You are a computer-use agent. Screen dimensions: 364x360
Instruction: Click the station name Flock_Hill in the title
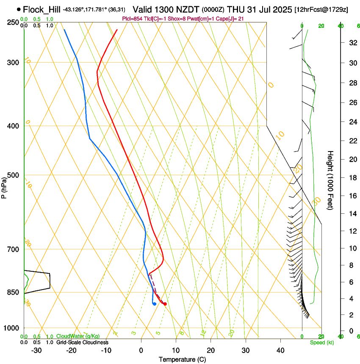pos(42,9)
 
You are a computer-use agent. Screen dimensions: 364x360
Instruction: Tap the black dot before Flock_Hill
pos(19,9)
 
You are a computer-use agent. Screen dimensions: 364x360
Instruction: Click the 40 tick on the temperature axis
pos(280,350)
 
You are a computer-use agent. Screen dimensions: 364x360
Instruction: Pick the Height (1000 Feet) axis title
pos(331,180)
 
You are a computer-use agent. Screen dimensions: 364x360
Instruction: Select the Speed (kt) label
pos(322,342)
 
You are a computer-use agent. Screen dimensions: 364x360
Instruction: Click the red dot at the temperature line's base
pos(165,304)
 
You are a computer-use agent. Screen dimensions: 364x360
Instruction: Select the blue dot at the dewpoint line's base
pos(155,303)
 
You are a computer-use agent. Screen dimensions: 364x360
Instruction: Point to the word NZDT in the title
pos(183,9)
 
